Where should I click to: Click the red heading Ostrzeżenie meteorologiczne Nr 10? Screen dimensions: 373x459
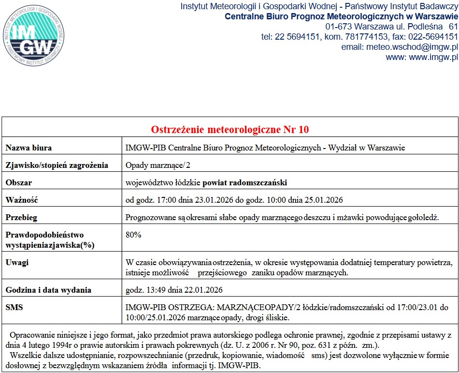[x=230, y=129]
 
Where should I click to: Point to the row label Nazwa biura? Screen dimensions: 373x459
[x=29, y=148]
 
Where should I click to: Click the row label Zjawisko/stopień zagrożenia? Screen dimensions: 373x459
[x=57, y=165]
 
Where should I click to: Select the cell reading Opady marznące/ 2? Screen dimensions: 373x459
[x=158, y=165]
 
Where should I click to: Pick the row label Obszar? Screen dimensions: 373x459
[x=19, y=182]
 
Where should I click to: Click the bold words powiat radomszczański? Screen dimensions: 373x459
[x=245, y=182]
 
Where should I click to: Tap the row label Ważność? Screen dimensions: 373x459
[x=22, y=200]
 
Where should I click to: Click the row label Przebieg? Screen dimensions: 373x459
[x=21, y=217]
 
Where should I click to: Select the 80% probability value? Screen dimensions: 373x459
[x=133, y=235]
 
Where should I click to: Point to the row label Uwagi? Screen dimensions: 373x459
[x=17, y=262]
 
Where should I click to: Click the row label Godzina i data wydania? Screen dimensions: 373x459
[x=48, y=290]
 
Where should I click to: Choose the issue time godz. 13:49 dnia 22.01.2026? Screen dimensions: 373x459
[x=174, y=290]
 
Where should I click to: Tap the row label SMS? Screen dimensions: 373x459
[x=14, y=307]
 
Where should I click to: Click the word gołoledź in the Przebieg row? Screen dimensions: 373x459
[x=422, y=217]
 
